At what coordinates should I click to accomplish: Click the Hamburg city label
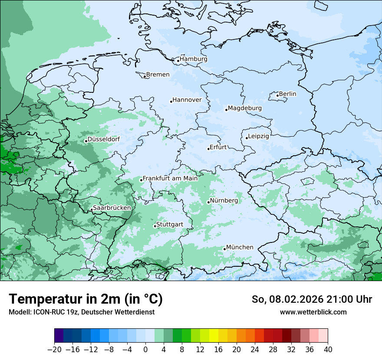(194, 59)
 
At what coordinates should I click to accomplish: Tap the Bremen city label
(158, 75)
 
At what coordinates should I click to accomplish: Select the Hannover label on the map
(187, 100)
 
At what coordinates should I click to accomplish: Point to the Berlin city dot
(278, 95)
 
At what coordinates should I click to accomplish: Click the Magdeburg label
(245, 108)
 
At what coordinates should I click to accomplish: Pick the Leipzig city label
(258, 136)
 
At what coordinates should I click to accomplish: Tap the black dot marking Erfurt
(208, 149)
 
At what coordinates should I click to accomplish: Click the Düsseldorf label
(104, 139)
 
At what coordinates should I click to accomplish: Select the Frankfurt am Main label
(170, 178)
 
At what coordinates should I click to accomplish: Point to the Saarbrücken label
(112, 208)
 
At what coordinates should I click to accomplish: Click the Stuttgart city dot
(155, 226)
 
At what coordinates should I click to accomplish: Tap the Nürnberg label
(224, 201)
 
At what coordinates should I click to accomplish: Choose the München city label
(240, 247)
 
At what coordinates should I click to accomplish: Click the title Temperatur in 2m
(86, 299)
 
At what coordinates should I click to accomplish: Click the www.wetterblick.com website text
(313, 312)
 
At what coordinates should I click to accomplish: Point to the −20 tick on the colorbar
(54, 349)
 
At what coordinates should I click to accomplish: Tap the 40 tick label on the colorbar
(328, 349)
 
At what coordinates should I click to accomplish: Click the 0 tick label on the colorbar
(145, 349)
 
